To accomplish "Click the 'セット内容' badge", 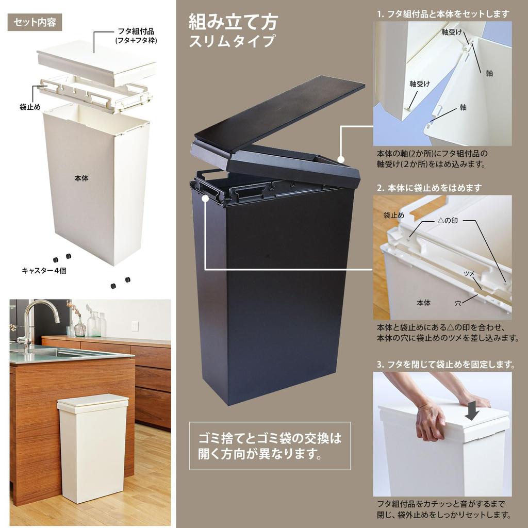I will coord(35,23).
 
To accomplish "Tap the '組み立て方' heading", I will coord(234,22).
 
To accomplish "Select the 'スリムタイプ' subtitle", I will coord(233,41).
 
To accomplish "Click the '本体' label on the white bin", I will coord(81,178).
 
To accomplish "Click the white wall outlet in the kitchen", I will coord(135,326).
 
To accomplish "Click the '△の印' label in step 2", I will coord(448,221).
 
